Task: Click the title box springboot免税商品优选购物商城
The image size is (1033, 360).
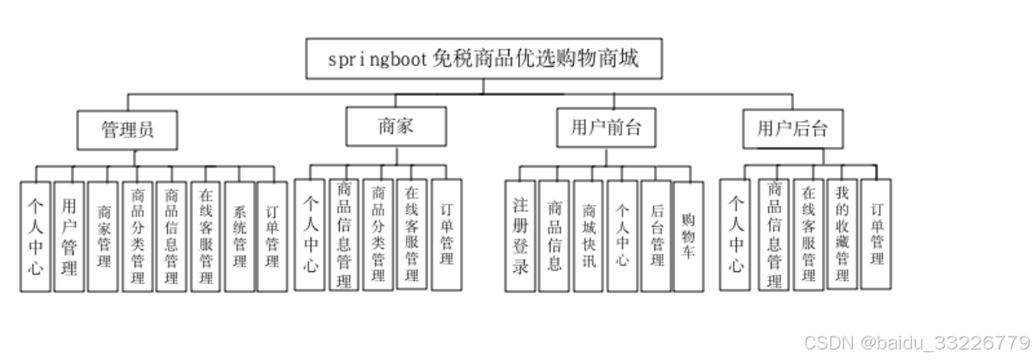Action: pos(484,59)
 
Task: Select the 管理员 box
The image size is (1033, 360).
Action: pos(127,130)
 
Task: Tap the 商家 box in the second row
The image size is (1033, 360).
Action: pos(395,127)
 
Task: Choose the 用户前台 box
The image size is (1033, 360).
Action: pos(605,128)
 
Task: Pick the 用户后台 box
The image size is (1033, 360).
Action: pos(793,128)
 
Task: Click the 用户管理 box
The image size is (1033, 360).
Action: pos(69,235)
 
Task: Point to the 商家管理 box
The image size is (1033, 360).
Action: pos(103,236)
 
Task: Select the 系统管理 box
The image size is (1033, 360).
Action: pos(239,236)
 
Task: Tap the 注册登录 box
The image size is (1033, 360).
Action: pos(521,235)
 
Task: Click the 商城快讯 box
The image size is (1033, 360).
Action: pos(588,235)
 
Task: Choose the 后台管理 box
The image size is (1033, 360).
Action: pos(656,235)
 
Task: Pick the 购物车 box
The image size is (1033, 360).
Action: pos(688,235)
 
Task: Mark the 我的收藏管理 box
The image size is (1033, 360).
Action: pos(842,233)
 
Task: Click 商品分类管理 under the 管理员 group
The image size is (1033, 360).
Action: pos(137,236)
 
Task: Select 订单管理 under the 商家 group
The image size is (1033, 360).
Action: pos(446,234)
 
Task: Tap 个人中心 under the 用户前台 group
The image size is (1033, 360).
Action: pos(622,235)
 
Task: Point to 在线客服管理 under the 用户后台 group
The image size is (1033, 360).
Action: pos(808,234)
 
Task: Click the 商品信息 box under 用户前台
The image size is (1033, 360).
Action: pos(554,235)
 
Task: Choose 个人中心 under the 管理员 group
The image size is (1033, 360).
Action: pos(36,235)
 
